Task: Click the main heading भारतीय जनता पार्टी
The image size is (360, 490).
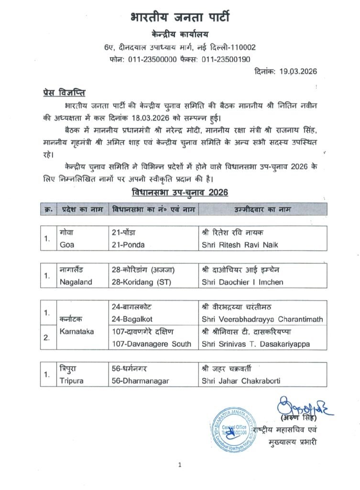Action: tap(180, 18)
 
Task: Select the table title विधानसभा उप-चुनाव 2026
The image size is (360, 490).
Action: tap(179, 192)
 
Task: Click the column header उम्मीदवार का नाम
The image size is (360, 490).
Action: tap(262, 209)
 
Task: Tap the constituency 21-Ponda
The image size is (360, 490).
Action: tap(128, 245)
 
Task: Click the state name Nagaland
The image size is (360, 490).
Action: tap(76, 282)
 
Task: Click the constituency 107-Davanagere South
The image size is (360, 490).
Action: tap(151, 344)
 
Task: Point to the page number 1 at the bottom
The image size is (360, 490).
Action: tap(180, 465)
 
